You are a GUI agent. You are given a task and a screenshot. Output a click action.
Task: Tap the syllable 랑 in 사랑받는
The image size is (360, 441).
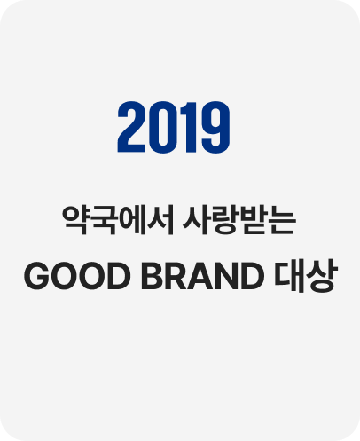226,218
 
